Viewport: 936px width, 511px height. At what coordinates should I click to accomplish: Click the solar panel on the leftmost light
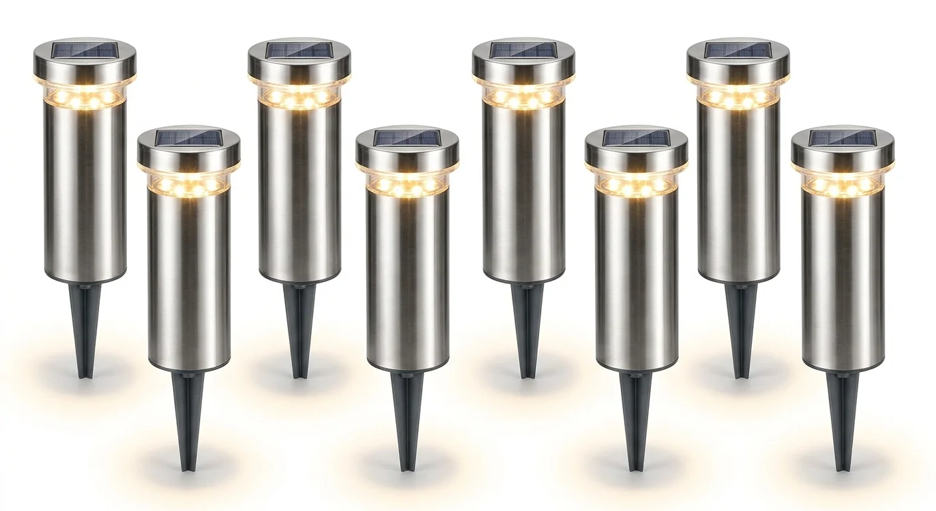(84, 49)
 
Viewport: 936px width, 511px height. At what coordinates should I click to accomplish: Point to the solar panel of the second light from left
(189, 138)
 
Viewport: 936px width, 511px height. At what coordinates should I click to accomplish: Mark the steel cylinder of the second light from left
(189, 279)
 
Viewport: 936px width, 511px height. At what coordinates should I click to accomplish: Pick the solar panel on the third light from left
(299, 50)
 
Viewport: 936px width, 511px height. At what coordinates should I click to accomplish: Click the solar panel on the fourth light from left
(407, 138)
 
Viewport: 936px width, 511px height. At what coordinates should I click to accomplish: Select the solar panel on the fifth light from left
(523, 50)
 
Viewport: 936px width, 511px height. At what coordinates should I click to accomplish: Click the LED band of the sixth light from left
(636, 185)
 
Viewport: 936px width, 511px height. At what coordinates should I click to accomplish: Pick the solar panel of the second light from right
(738, 50)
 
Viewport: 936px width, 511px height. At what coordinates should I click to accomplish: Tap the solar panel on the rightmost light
(842, 138)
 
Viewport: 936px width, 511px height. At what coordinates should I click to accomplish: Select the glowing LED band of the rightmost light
(842, 185)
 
